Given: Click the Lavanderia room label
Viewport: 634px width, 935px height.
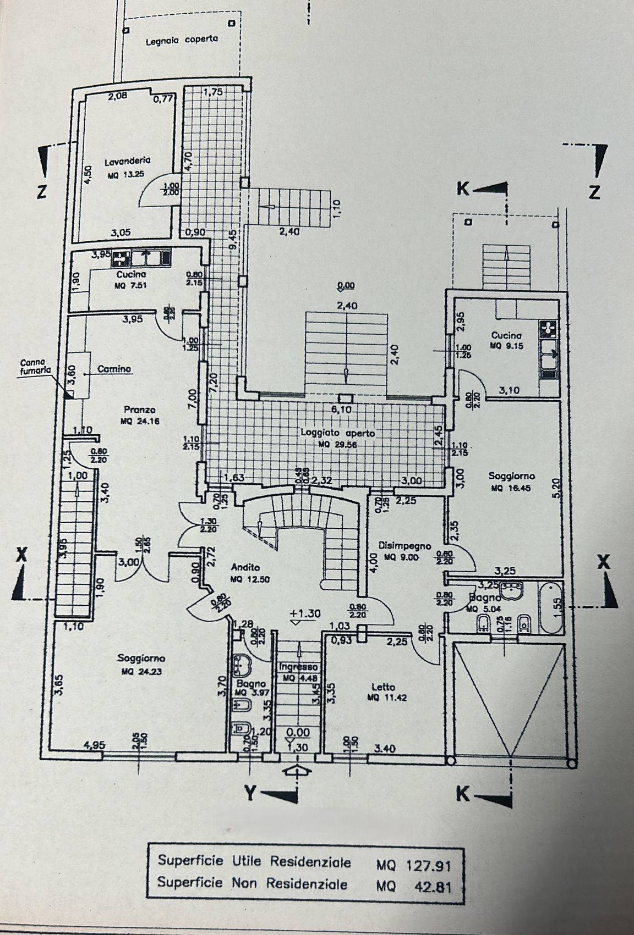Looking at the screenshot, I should point(127,161).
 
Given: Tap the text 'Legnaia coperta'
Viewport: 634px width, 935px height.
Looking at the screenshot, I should point(182,40).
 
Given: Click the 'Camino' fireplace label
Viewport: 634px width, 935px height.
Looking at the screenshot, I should point(114,369).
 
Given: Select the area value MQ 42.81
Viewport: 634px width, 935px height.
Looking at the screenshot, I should point(413,885).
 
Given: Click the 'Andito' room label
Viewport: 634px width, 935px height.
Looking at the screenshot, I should point(245,568).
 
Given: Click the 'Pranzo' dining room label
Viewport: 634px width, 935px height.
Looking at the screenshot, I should point(139,410).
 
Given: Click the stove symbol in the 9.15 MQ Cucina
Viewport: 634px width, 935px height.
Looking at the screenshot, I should point(548,329).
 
